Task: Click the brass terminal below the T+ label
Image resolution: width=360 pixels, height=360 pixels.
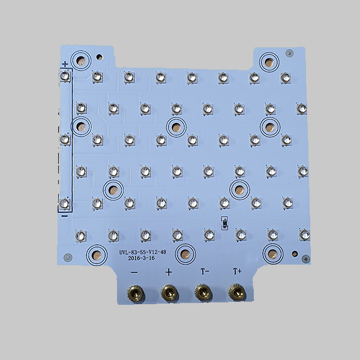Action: (237, 292)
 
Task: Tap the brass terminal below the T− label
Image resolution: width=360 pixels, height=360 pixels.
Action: (203, 292)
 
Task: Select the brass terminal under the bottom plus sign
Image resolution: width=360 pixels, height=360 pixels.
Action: (170, 293)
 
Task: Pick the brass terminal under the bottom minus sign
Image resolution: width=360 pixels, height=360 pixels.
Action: (136, 293)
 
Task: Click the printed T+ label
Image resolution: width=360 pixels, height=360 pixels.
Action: (237, 271)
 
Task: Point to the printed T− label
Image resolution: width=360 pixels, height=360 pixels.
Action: (205, 271)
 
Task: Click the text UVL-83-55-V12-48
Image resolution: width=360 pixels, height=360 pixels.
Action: (143, 252)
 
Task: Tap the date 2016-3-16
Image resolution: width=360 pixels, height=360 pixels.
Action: (141, 258)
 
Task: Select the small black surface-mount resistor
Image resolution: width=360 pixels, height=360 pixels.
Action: (224, 223)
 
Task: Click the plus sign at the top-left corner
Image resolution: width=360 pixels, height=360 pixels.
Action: (65, 64)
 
